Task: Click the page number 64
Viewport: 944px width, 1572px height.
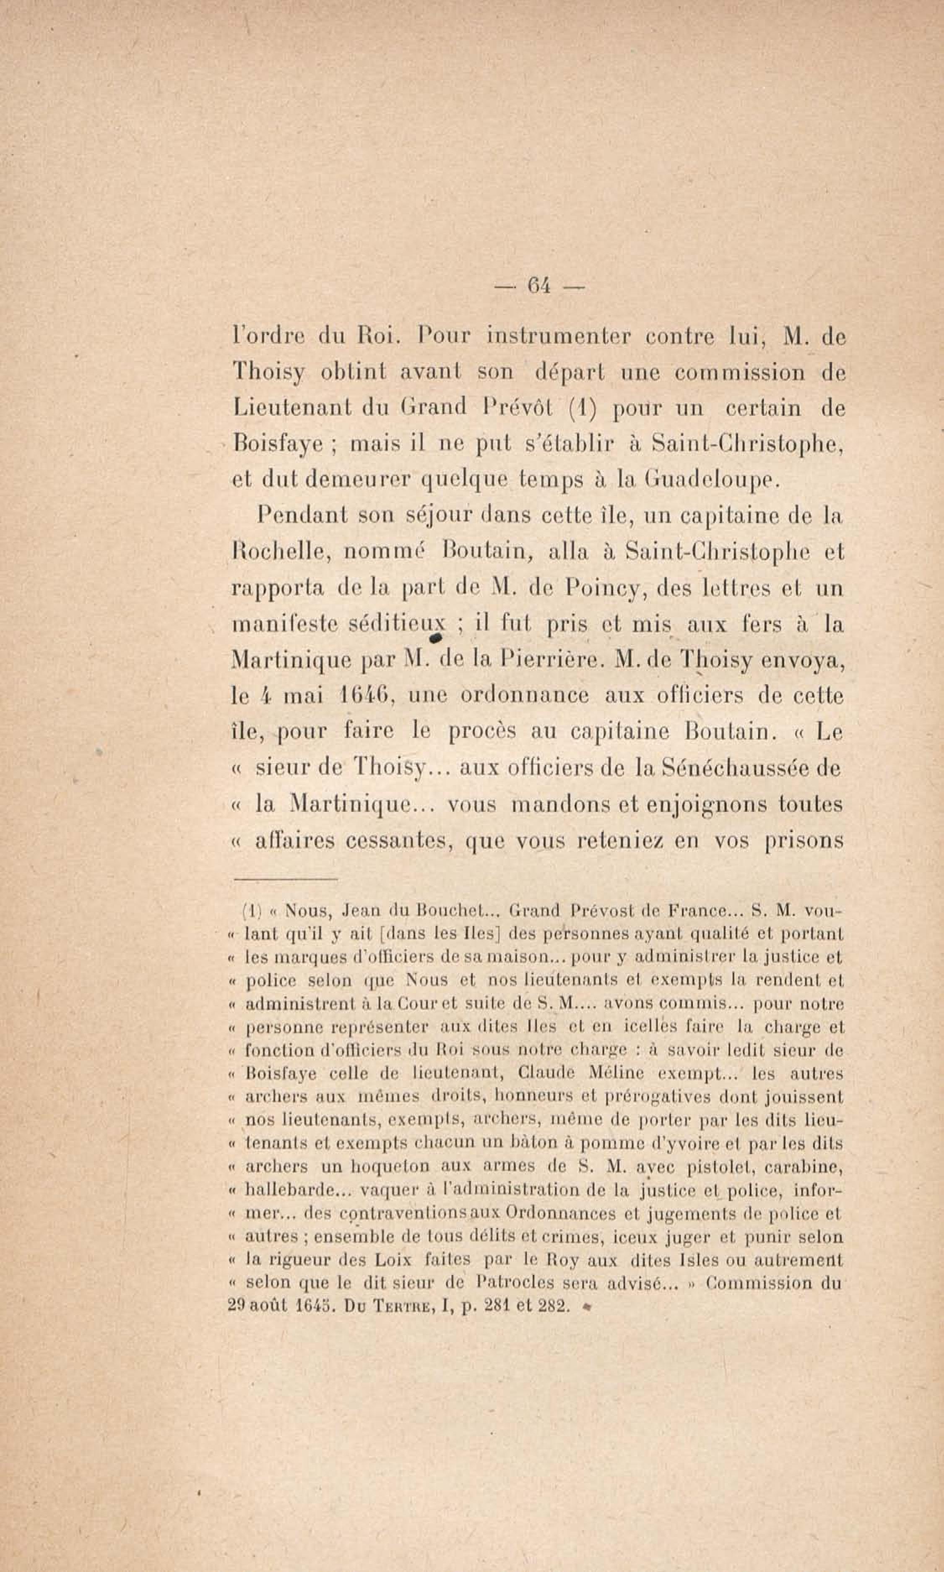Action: pos(538,287)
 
